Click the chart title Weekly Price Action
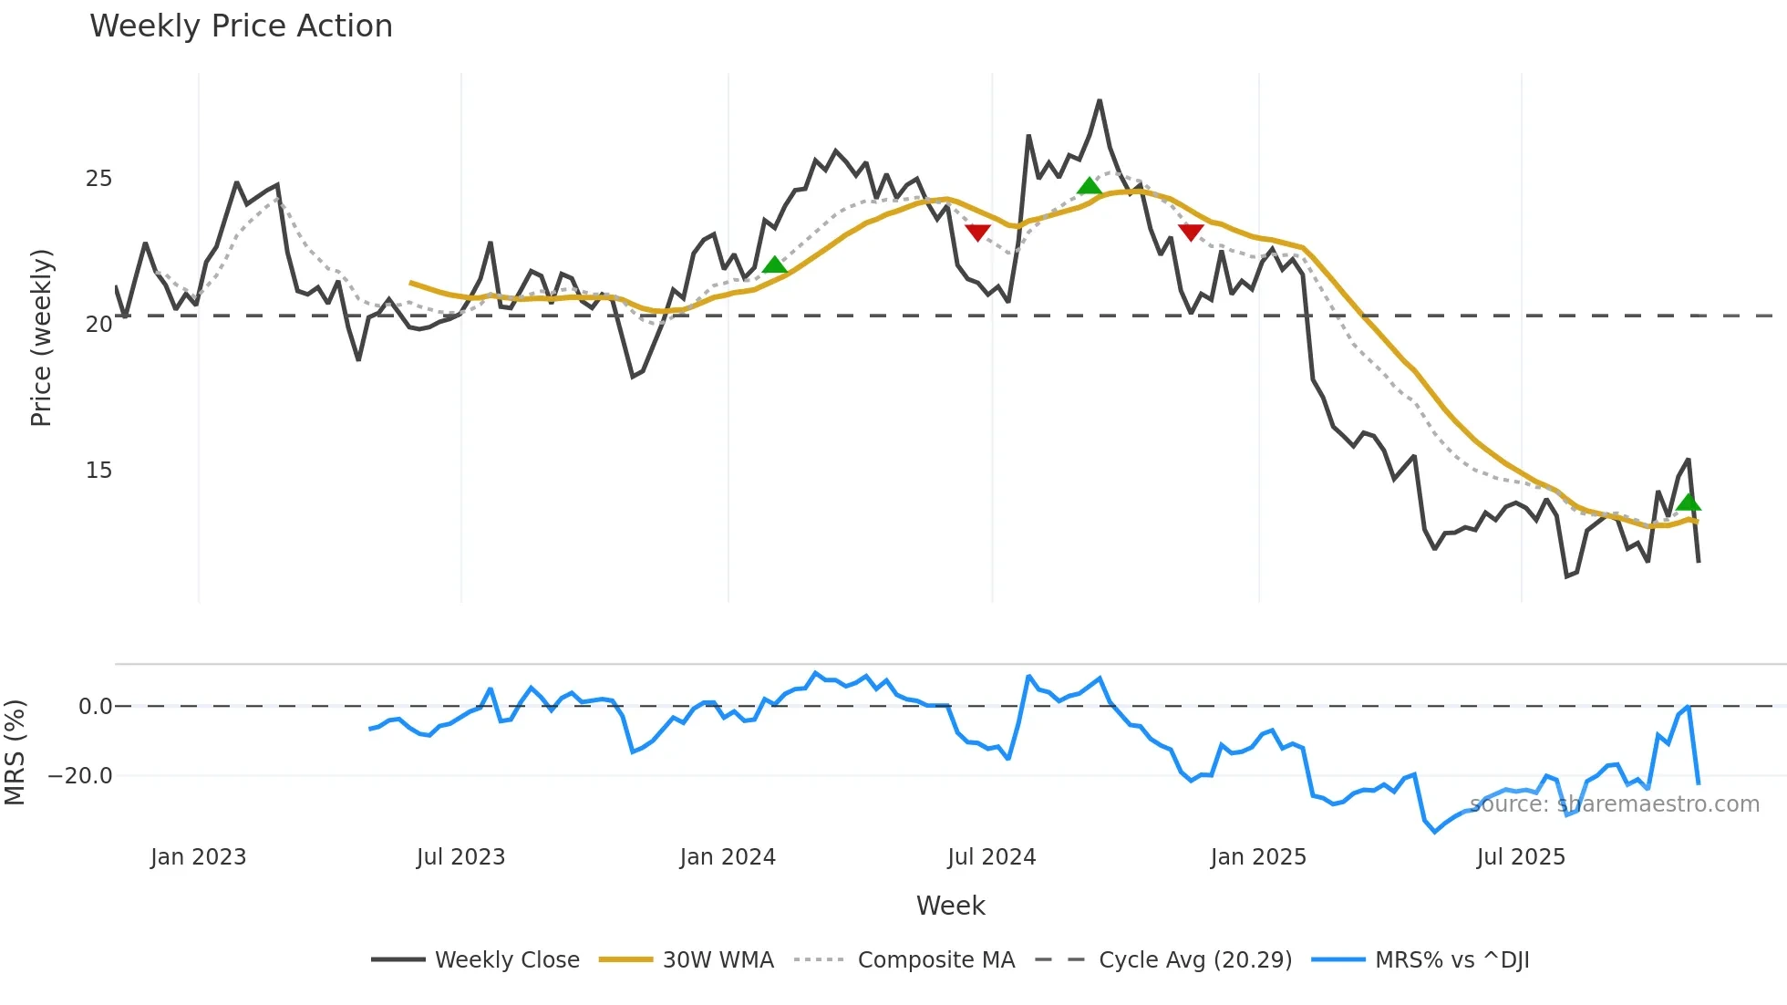pyautogui.click(x=241, y=26)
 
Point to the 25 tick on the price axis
pyautogui.click(x=98, y=179)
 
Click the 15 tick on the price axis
pyautogui.click(x=98, y=471)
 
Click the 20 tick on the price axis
pyautogui.click(x=98, y=325)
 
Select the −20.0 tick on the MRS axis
pyautogui.click(x=80, y=776)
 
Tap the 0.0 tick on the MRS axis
pyautogui.click(x=95, y=707)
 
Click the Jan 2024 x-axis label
pyautogui.click(x=728, y=857)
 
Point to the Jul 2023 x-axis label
pyautogui.click(x=460, y=857)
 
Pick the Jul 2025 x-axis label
pyautogui.click(x=1521, y=857)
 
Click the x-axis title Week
pyautogui.click(x=950, y=906)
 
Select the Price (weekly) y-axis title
pyautogui.click(x=41, y=337)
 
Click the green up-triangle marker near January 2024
pyautogui.click(x=774, y=265)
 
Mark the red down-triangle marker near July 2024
pyautogui.click(x=977, y=233)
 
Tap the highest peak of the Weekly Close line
pyautogui.click(x=1100, y=101)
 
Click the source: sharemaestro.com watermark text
pyautogui.click(x=1614, y=804)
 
